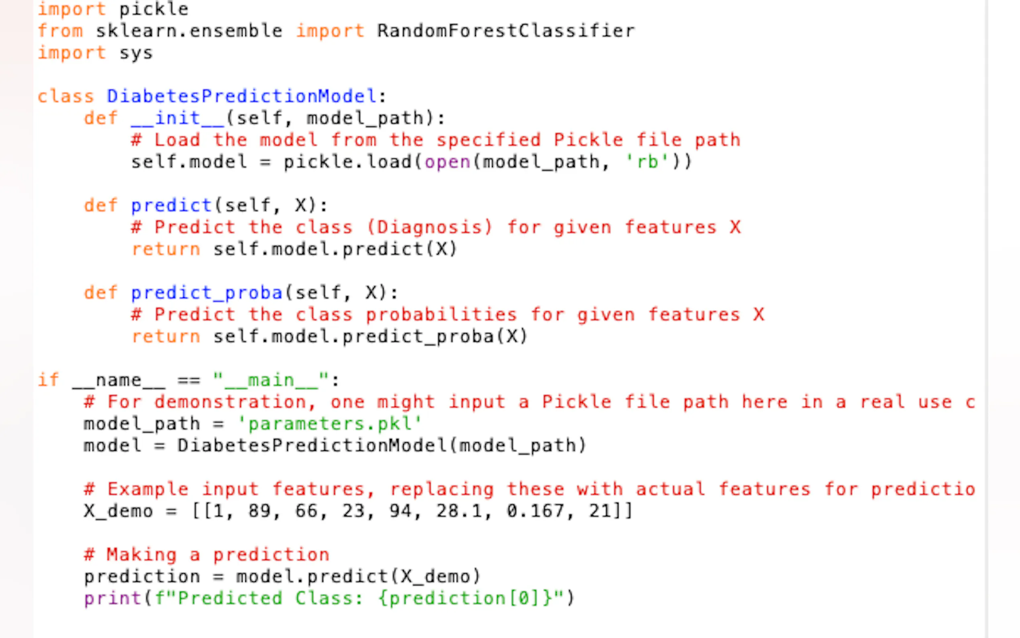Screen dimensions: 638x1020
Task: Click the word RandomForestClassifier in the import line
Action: pyautogui.click(x=506, y=31)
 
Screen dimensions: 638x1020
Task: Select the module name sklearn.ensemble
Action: pyautogui.click(x=189, y=31)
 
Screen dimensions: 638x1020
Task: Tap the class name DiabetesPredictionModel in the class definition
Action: pyautogui.click(x=241, y=96)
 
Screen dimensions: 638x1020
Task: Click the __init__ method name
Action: pyautogui.click(x=177, y=118)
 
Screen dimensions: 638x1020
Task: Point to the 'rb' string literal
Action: pyautogui.click(x=647, y=162)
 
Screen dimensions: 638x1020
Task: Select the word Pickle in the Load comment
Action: pyautogui.click(x=588, y=140)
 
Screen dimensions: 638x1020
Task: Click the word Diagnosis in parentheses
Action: pyautogui.click(x=429, y=227)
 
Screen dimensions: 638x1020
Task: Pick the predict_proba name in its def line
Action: pyautogui.click(x=206, y=293)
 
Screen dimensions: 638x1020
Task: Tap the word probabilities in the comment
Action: pyautogui.click(x=441, y=315)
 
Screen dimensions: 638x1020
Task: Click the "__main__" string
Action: pyautogui.click(x=271, y=380)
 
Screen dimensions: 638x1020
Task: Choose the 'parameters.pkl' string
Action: pyautogui.click(x=329, y=423)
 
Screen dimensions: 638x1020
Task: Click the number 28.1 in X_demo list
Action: pyautogui.click(x=459, y=511)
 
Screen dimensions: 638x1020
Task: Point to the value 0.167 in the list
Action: pyautogui.click(x=536, y=511)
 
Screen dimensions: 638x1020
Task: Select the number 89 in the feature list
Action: pyautogui.click(x=259, y=511)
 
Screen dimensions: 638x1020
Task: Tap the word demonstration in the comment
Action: pyautogui.click(x=230, y=402)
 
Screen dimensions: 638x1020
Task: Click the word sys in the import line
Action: pyautogui.click(x=136, y=53)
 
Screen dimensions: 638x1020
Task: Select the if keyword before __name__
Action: pyautogui.click(x=48, y=380)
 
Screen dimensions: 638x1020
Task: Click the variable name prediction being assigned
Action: pyautogui.click(x=142, y=577)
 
